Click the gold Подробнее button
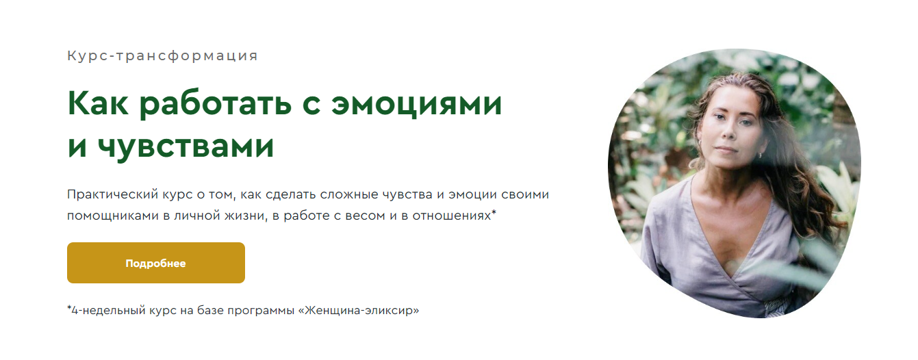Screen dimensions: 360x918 155,263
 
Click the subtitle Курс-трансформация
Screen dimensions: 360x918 162,56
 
